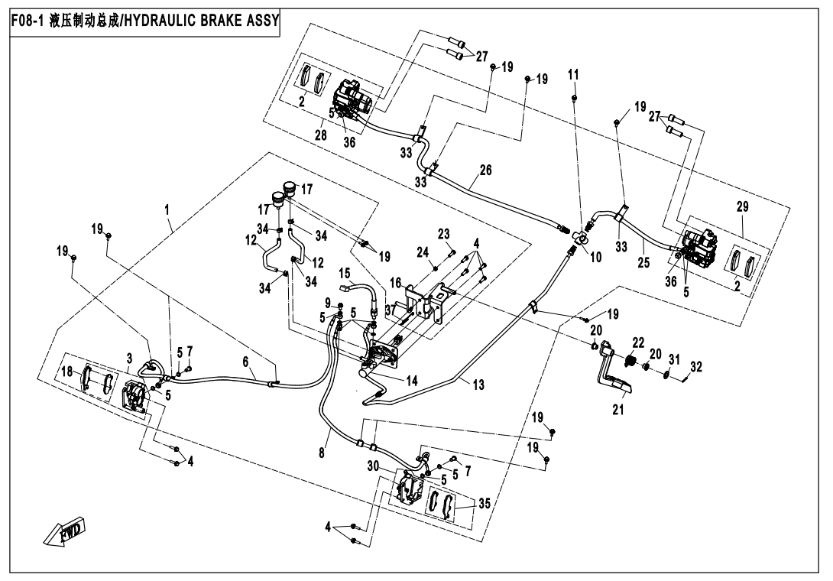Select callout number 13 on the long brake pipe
[x=478, y=385]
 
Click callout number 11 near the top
[x=574, y=75]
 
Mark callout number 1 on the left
[x=167, y=208]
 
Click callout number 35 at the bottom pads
[x=484, y=504]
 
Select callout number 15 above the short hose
[x=344, y=273]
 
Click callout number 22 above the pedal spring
[x=638, y=342]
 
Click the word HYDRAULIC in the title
[x=164, y=18]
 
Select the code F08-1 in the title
[x=28, y=18]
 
